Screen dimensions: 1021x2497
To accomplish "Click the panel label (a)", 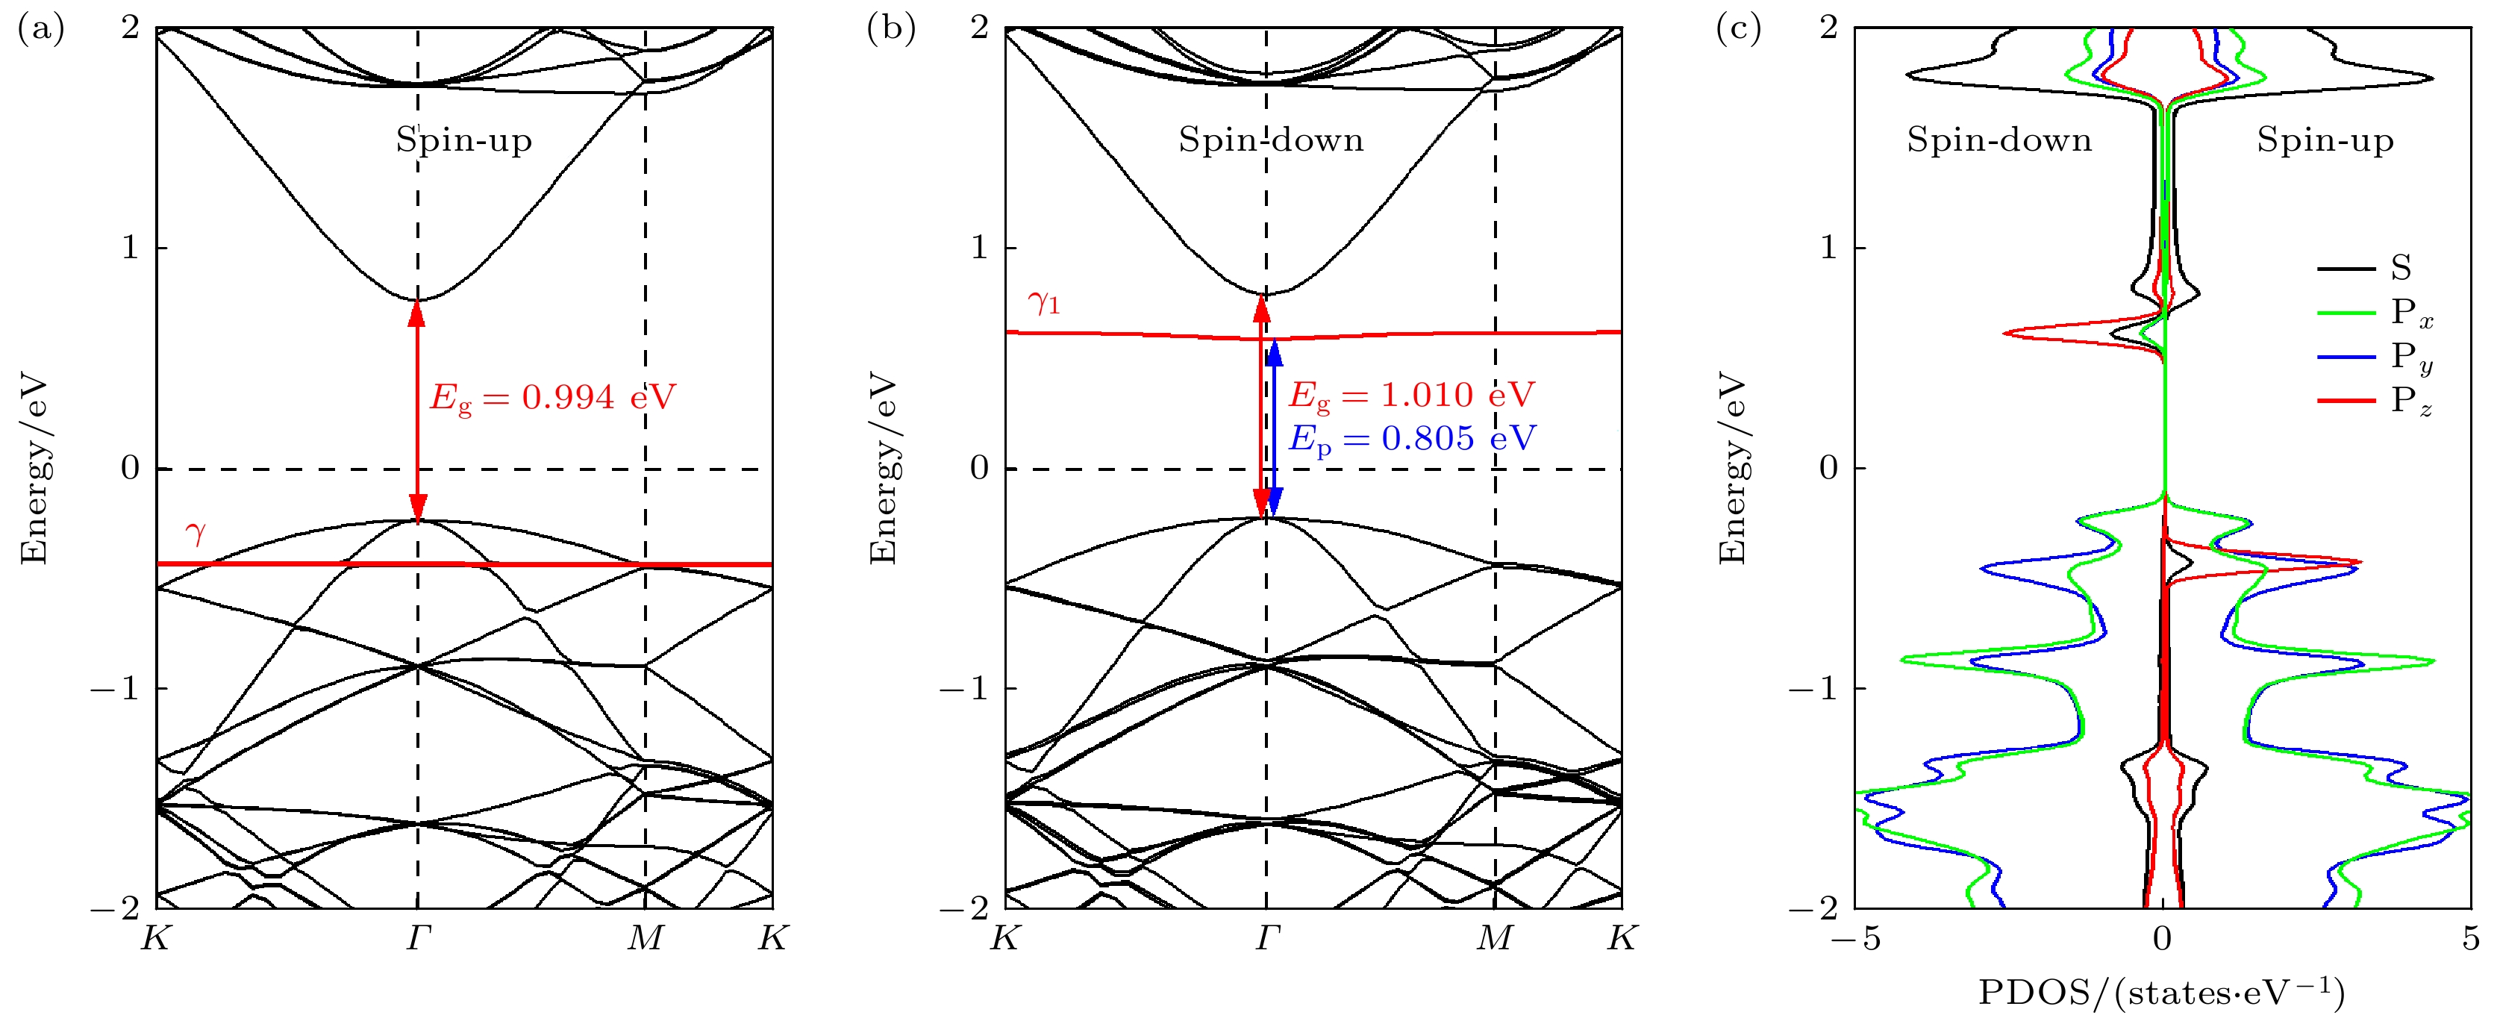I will click(41, 30).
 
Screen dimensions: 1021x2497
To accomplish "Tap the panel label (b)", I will click(890, 30).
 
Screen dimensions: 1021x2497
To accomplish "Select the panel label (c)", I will click(1738, 30).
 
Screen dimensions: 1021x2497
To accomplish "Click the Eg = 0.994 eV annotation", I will click(552, 398).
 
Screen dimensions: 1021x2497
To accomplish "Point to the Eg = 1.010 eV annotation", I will click(1411, 396).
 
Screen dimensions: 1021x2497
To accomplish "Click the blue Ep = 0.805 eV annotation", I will click(1411, 440).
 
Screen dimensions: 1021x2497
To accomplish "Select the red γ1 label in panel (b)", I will click(1044, 304).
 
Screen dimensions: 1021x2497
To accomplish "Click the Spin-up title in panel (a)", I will click(463, 140).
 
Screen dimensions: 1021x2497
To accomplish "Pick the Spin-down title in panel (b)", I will click(1271, 140).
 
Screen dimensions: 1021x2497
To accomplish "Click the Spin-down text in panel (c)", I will click(1998, 140).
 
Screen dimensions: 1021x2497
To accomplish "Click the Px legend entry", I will click(2410, 312).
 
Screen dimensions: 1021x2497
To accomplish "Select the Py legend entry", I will click(2410, 357).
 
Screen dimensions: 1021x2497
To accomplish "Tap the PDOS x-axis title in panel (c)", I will click(2160, 993).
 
